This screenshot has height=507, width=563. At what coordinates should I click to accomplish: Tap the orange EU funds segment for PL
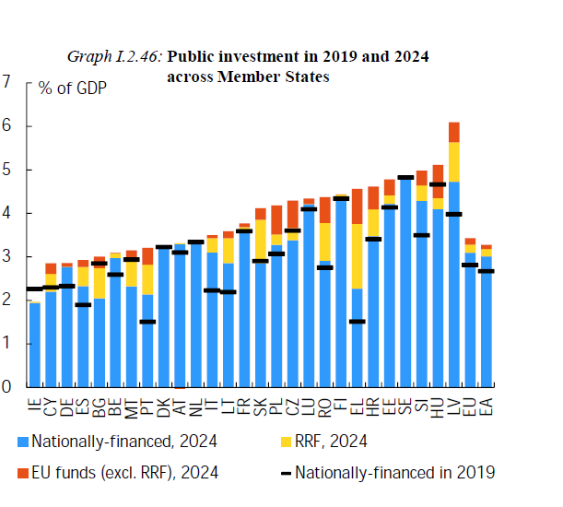276,218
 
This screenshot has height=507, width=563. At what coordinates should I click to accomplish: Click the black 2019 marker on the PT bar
147,322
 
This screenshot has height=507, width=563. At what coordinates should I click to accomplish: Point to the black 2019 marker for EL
357,322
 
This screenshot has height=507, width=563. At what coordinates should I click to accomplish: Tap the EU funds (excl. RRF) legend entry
120,473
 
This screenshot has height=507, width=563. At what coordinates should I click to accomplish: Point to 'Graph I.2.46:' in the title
114,57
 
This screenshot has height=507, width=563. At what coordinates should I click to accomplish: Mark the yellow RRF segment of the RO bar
324,242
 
